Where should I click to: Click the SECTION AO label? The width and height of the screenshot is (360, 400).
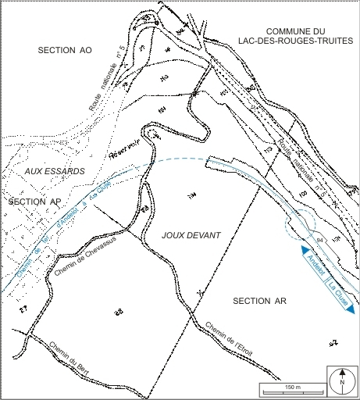pos(64,50)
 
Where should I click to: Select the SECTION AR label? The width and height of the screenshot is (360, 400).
pos(260,300)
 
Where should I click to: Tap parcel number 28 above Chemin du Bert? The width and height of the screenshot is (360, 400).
pos(119,312)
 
